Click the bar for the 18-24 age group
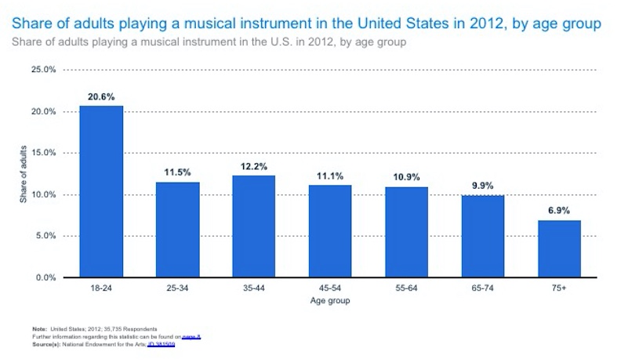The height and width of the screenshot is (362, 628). tap(101, 192)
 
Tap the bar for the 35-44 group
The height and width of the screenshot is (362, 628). tap(254, 226)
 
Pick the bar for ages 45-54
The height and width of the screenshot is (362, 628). tap(330, 231)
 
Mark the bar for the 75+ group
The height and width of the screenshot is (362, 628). tap(559, 248)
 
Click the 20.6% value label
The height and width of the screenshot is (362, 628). tap(101, 96)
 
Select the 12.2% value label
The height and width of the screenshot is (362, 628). tap(254, 166)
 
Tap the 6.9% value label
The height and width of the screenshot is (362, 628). tap(559, 211)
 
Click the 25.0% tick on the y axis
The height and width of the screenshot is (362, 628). tap(43, 70)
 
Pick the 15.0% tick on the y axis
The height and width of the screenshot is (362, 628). tap(43, 153)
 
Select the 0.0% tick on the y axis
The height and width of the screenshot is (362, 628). tap(45, 277)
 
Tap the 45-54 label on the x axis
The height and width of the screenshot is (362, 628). tap(330, 289)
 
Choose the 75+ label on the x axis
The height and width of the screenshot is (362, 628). tap(559, 289)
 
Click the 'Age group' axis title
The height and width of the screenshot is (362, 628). tap(329, 301)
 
